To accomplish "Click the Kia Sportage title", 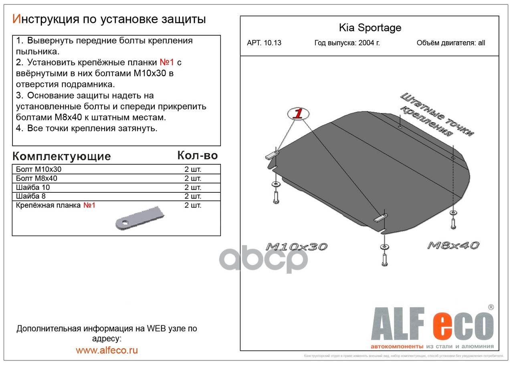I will click(x=370, y=28).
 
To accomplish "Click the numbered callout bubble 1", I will click(x=297, y=113).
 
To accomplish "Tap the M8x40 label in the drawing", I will click(x=453, y=245).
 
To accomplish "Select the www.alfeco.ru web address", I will click(x=107, y=350).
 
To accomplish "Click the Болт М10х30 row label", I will click(x=39, y=169).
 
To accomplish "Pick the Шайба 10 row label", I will click(x=33, y=187).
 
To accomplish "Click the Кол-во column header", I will click(x=197, y=155).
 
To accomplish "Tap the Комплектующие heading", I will click(x=61, y=156).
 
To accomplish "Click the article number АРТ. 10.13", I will click(x=264, y=43).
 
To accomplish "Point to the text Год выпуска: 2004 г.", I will click(x=347, y=43).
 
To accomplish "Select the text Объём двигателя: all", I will click(x=450, y=43).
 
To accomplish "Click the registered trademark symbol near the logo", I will click(x=491, y=307).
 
